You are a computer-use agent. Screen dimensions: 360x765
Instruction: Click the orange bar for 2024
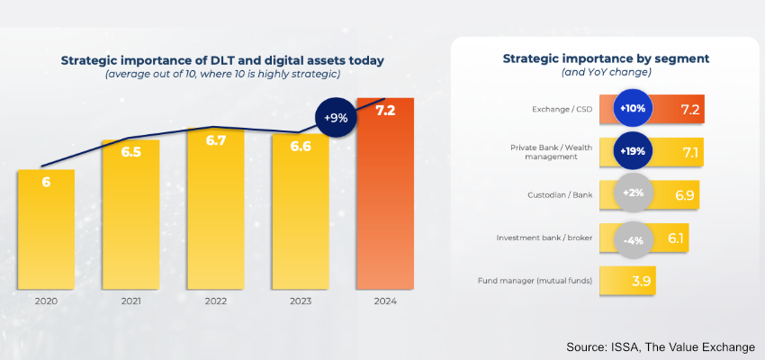click(x=385, y=207)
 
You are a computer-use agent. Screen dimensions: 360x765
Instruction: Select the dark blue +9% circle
click(x=337, y=117)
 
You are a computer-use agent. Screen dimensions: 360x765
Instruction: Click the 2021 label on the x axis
click(x=130, y=301)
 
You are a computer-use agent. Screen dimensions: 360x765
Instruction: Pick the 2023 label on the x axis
click(x=301, y=301)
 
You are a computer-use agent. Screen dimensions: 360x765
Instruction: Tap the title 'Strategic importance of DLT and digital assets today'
click(x=222, y=60)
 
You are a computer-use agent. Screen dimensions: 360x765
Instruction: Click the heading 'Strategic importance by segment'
click(x=606, y=58)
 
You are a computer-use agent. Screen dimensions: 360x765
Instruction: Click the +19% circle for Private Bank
click(x=633, y=151)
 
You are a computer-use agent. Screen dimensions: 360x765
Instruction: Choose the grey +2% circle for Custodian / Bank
click(x=633, y=194)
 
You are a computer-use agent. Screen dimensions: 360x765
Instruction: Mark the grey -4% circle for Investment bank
click(x=633, y=238)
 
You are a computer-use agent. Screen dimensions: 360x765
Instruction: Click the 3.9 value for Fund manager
click(x=642, y=281)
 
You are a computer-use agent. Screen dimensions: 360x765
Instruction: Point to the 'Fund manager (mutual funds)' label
click(x=535, y=281)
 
